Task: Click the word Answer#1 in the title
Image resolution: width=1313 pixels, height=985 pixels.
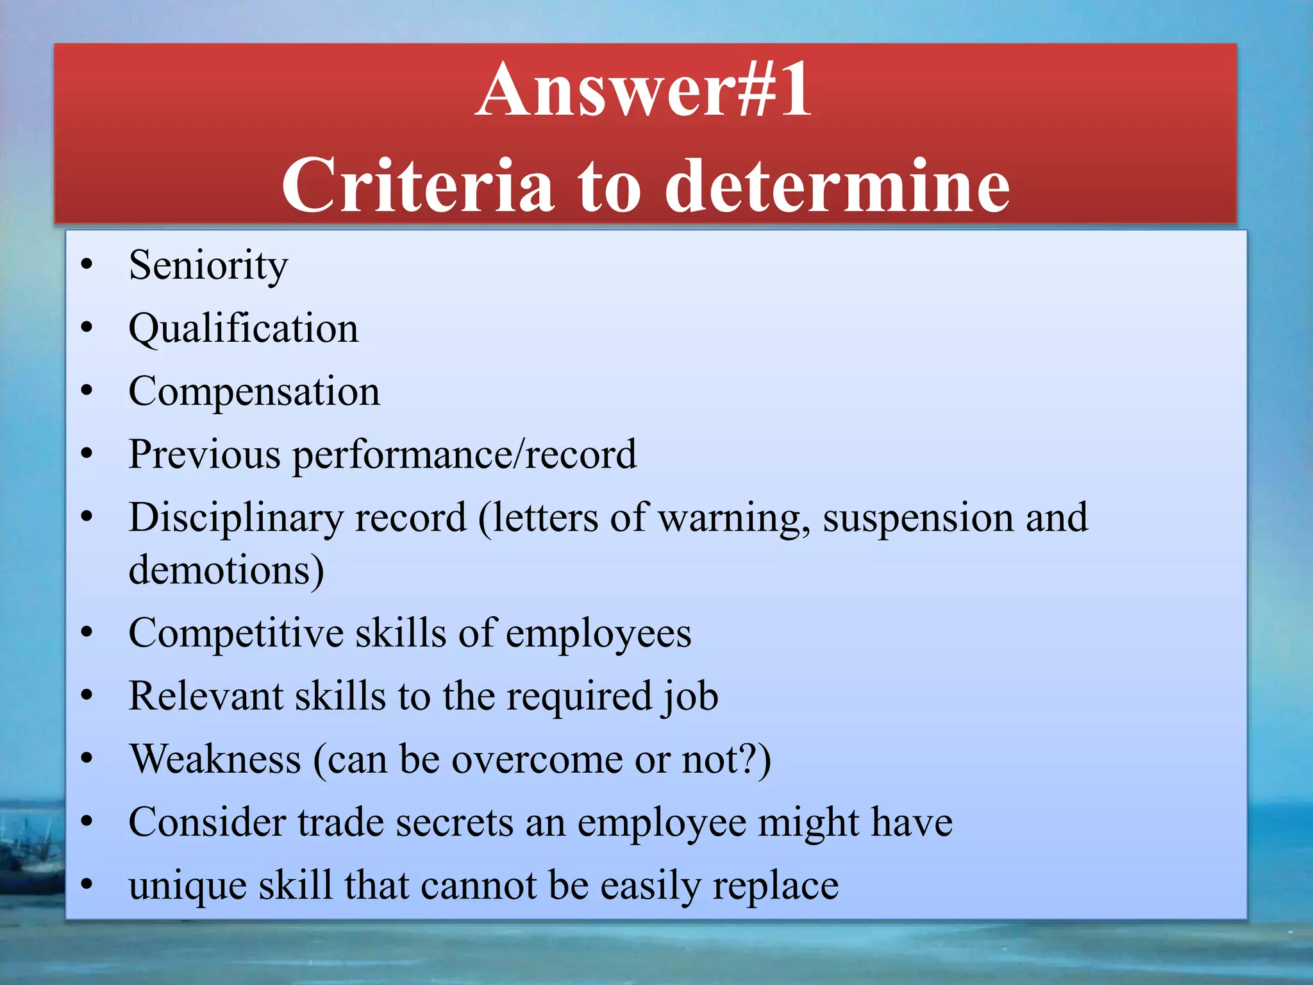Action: pos(644,90)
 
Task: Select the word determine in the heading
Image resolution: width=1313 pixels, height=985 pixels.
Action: pos(837,186)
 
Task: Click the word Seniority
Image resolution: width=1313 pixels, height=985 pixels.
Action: pos(208,265)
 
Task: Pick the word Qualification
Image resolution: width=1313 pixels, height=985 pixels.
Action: pos(244,328)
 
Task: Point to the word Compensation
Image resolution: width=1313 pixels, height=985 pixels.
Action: pos(254,391)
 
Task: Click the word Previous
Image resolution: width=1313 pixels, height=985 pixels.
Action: pos(205,454)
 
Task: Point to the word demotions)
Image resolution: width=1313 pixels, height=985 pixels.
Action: pos(226,569)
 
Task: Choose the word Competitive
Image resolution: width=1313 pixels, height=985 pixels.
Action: pos(236,634)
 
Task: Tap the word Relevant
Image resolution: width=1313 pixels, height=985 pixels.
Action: pos(206,696)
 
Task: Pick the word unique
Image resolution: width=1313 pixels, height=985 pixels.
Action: pos(188,886)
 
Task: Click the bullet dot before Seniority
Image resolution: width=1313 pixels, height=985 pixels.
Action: pos(87,265)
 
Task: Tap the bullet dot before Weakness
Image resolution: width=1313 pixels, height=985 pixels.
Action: pos(87,759)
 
